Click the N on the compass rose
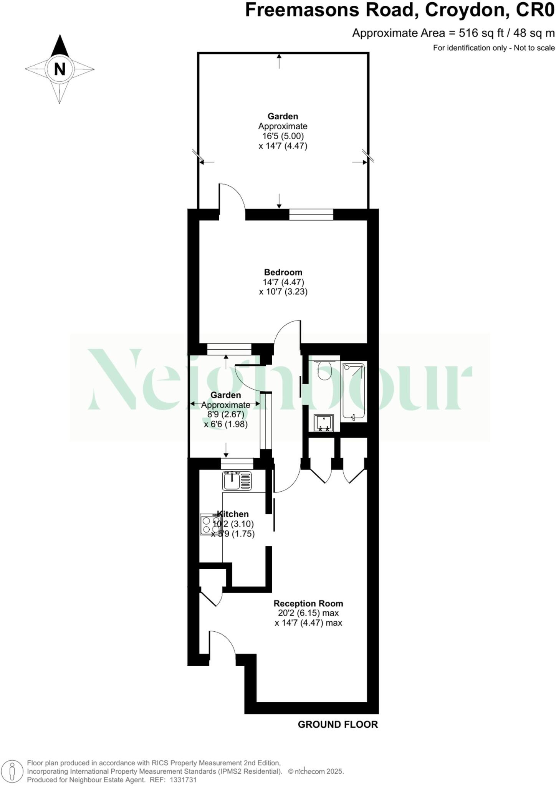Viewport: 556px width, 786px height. coord(60,69)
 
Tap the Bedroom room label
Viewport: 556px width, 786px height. coord(283,272)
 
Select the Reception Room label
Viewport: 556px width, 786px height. coord(308,603)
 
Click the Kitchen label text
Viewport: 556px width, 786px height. coord(233,514)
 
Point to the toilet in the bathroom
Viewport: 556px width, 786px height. coord(324,370)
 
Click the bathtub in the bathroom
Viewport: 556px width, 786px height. coord(353,391)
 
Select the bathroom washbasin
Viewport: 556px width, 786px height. coord(323,423)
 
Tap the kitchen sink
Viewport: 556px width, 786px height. coord(237,481)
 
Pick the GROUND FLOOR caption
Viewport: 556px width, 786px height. coord(338,724)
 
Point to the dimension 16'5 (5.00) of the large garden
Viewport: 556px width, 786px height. coord(283,136)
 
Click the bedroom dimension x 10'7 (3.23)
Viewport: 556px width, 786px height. coord(283,292)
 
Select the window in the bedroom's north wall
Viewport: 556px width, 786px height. coord(311,214)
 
